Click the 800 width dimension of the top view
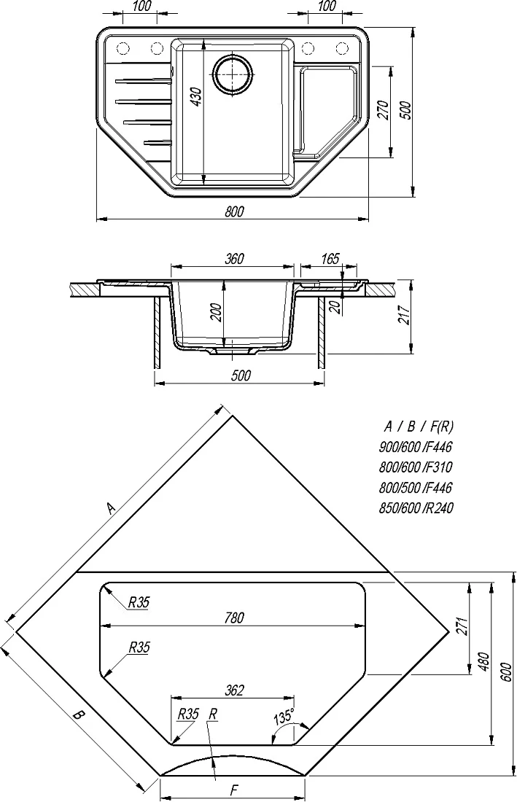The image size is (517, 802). click(234, 211)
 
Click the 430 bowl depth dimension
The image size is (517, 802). click(196, 97)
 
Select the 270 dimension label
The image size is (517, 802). click(383, 110)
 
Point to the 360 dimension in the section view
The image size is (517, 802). click(234, 259)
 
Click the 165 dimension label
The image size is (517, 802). click(330, 259)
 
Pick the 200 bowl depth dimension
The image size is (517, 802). click(217, 312)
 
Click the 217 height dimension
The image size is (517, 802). click(404, 314)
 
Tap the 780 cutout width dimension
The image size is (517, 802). click(233, 618)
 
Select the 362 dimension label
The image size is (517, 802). click(233, 690)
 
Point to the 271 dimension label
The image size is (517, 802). click(462, 626)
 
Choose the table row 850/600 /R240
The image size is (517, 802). click(416, 508)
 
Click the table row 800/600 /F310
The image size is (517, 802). click(415, 467)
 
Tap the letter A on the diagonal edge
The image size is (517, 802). click(111, 507)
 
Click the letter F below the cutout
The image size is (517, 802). click(233, 788)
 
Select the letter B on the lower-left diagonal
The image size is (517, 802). click(77, 715)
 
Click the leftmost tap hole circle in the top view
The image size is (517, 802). click(123, 49)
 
